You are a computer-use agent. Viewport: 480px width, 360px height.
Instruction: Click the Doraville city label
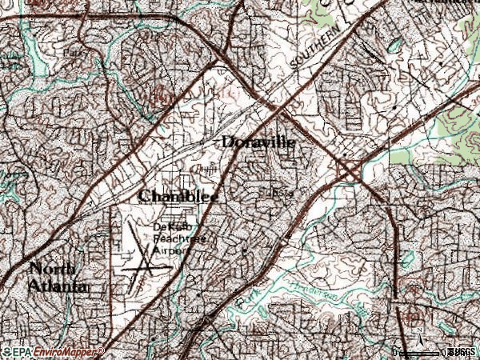tap(258, 142)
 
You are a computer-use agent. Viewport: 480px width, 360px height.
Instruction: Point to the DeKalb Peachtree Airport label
tap(170, 238)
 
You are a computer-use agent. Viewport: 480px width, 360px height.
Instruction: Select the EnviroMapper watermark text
tap(67, 352)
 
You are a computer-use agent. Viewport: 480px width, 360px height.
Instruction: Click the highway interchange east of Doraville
tap(350, 170)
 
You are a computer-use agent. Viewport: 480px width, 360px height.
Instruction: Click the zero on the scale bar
tap(396, 351)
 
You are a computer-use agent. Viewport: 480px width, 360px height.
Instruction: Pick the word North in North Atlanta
tap(54, 269)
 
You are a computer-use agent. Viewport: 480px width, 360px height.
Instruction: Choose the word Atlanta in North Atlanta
tap(58, 286)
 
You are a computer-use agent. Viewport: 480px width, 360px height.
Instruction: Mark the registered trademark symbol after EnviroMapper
tap(102, 350)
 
